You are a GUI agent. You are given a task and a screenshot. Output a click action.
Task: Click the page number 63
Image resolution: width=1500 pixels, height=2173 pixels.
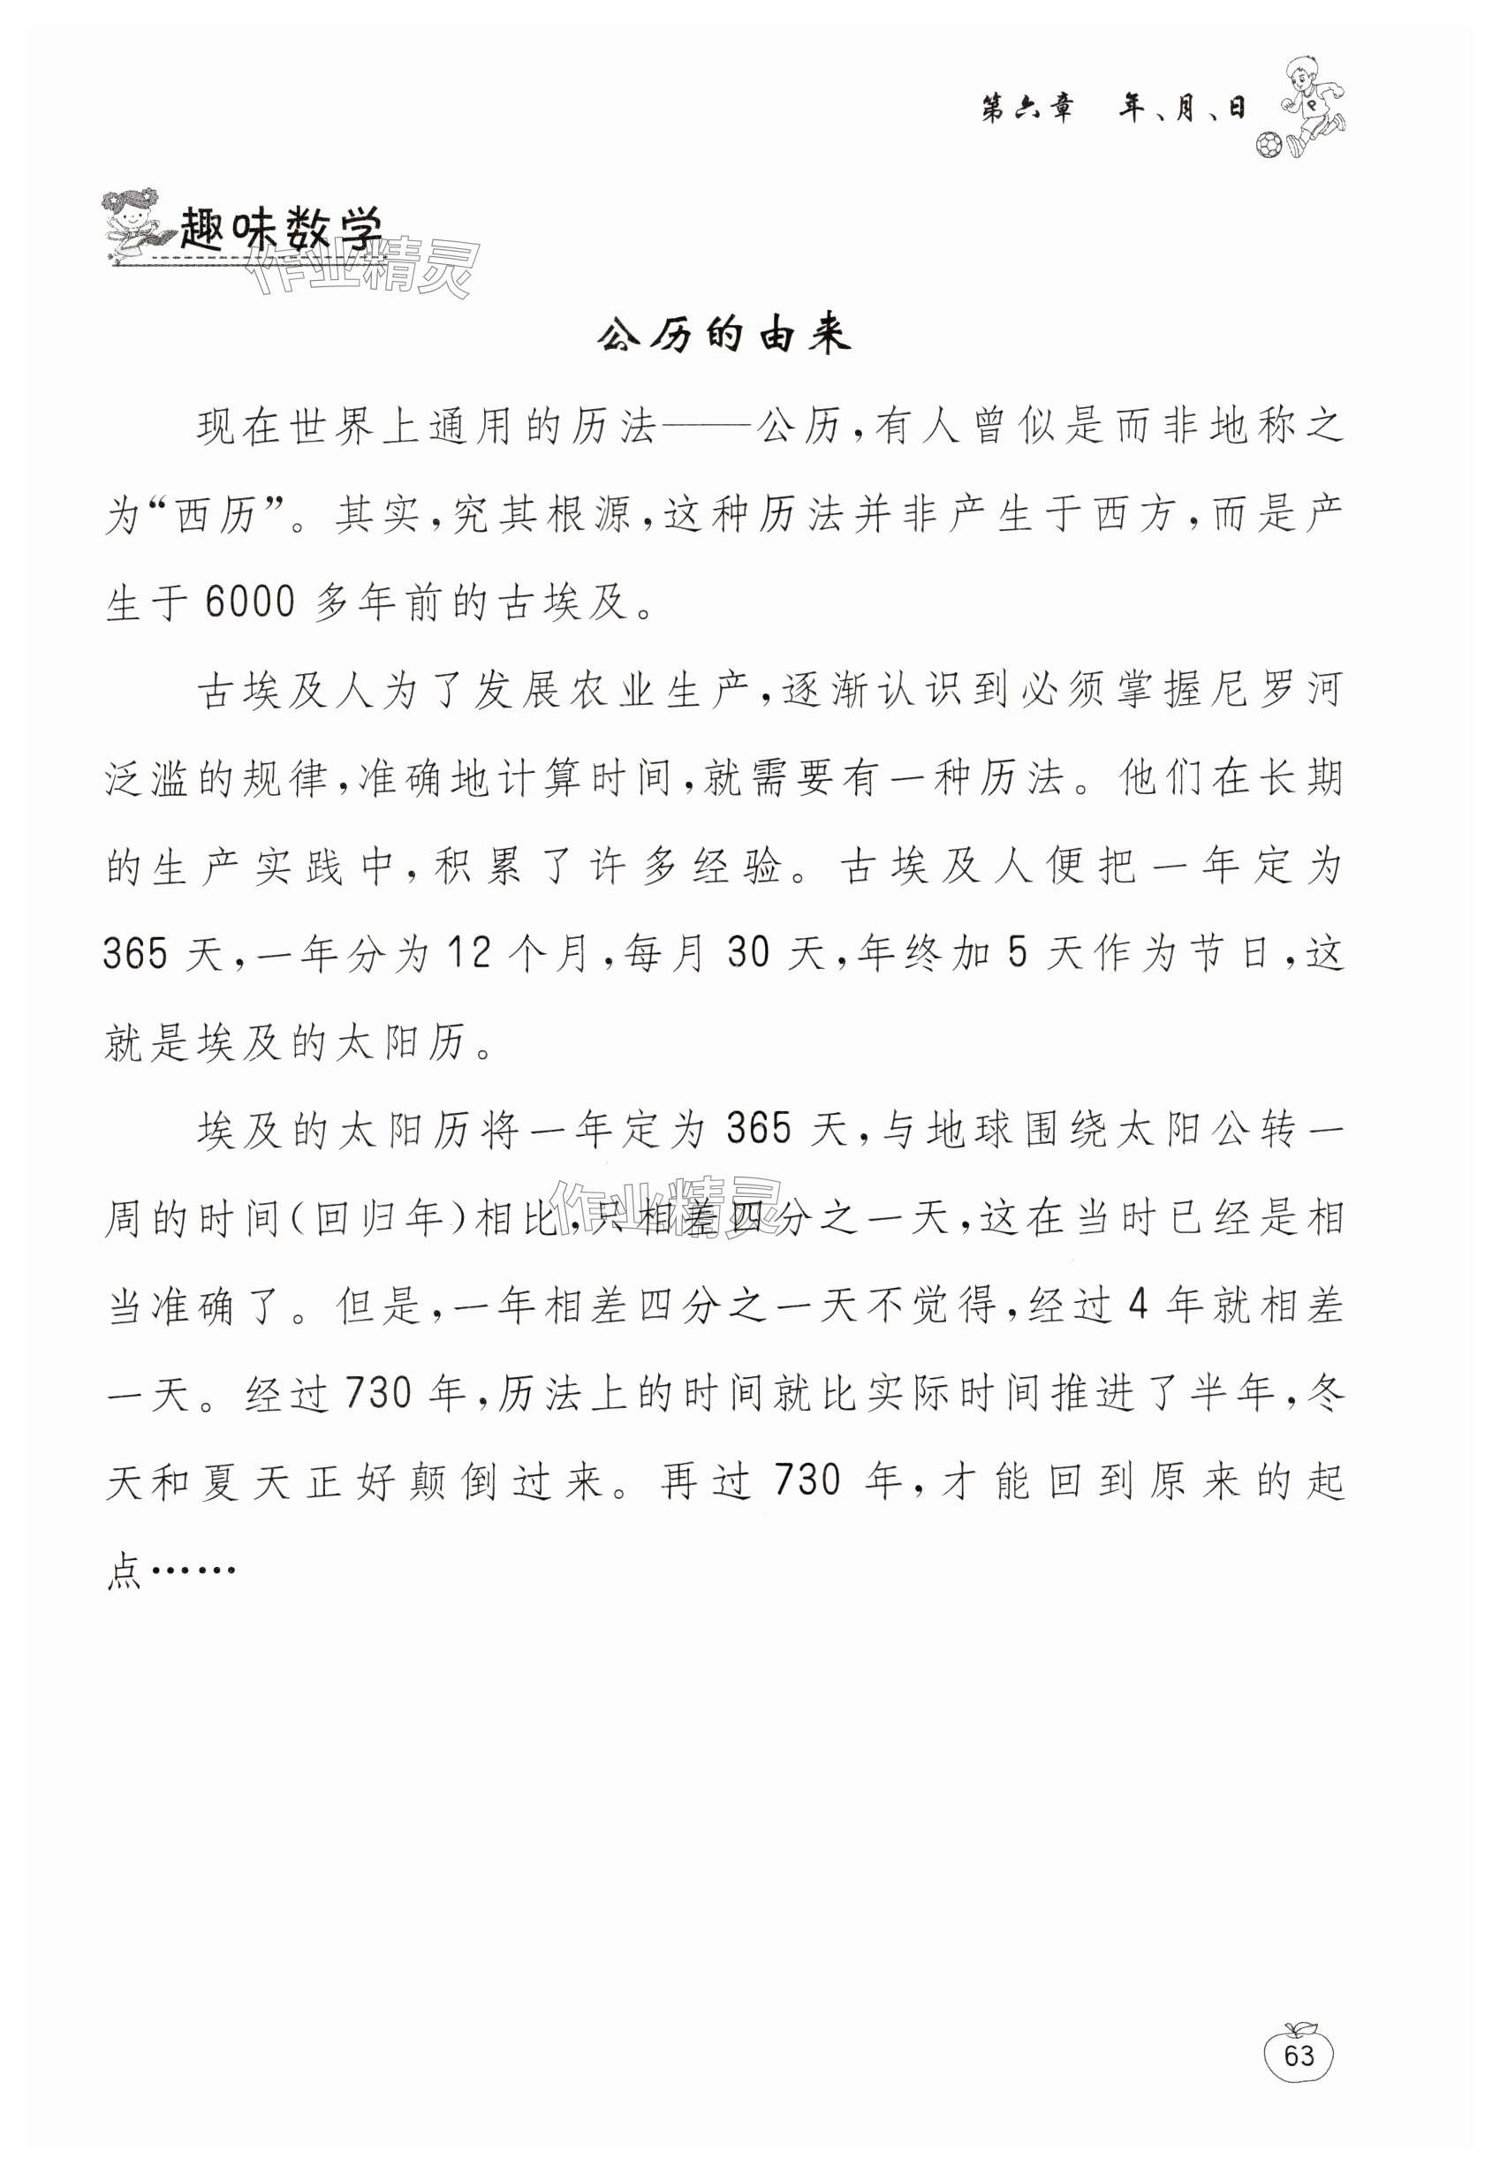1298,2056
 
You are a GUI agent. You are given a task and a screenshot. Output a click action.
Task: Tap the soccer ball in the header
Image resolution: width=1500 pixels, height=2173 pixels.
1268,145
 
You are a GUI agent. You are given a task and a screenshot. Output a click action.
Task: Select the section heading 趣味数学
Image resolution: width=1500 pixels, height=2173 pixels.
282,230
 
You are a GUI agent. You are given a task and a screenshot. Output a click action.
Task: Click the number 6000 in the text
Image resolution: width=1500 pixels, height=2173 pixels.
250,602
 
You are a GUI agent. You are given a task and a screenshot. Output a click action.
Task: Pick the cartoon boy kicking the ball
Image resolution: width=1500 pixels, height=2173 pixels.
1314,103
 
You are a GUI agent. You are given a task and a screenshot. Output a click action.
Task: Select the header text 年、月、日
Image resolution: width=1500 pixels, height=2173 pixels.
1181,110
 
